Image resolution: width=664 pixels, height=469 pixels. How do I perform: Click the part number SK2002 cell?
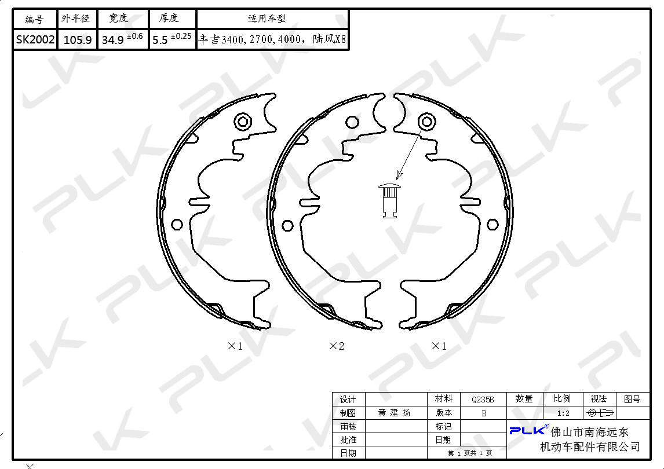pos(35,40)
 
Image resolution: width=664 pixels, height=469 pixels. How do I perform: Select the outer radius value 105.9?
pos(78,40)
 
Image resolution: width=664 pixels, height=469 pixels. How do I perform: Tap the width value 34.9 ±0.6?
pos(122,39)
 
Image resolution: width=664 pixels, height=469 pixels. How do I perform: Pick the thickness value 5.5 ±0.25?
pos(172,39)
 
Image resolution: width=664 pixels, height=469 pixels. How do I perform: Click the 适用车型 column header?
pos(267,19)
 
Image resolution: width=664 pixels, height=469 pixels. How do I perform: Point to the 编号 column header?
pos(34,19)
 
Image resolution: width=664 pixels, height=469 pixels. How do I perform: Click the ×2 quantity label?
pos(337,346)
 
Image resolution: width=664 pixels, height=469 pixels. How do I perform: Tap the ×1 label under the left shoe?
pos(235,346)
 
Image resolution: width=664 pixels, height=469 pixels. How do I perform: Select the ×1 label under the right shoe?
pos(439,346)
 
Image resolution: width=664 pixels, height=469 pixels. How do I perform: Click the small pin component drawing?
pos(389,201)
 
